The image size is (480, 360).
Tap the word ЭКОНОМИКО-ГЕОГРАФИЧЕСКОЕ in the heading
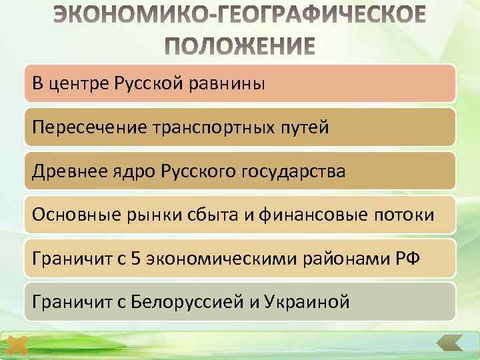coord(239,15)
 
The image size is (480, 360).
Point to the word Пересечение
coord(79,127)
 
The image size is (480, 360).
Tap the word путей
coord(307,127)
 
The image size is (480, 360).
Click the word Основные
coord(69,215)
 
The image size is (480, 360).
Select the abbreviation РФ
coord(405,259)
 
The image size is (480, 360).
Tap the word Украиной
coord(307,303)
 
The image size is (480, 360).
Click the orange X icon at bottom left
coord(19,345)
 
